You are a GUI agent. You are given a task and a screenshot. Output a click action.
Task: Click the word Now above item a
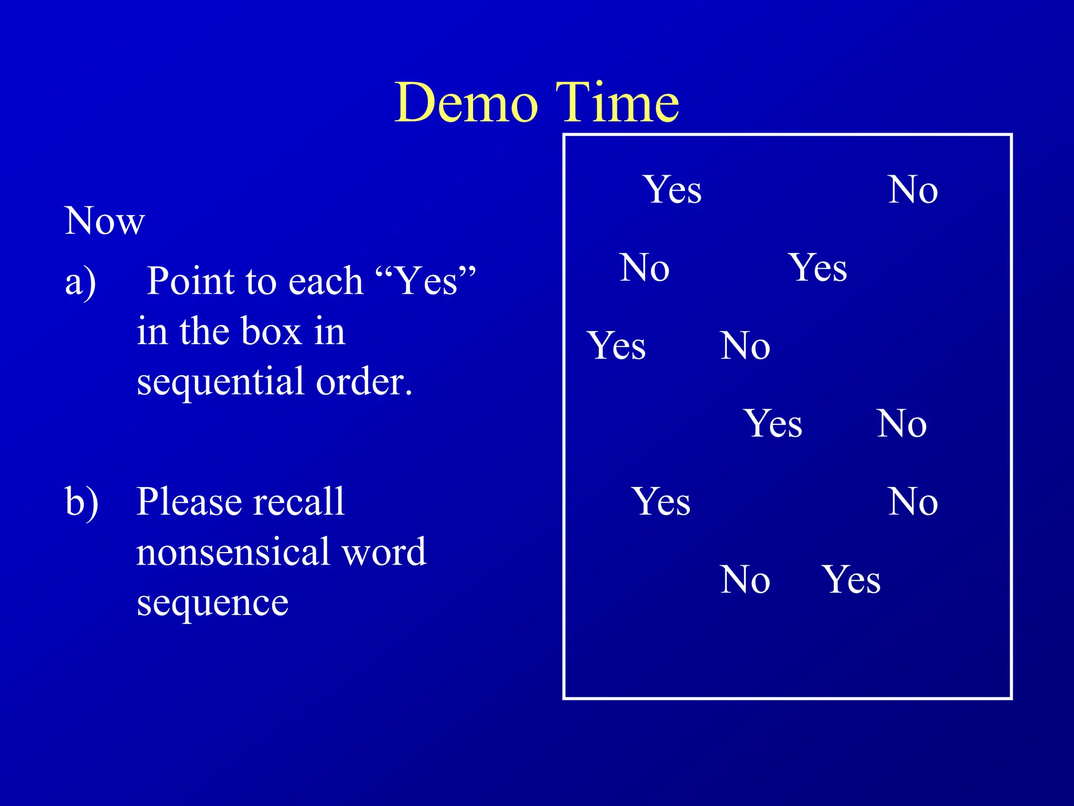(x=104, y=221)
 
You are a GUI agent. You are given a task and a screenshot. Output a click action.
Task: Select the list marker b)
(x=81, y=502)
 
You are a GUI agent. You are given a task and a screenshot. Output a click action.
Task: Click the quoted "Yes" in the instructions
(x=426, y=280)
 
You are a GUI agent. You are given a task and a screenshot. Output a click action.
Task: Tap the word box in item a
(x=271, y=332)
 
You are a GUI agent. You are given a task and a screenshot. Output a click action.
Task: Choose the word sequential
(x=220, y=383)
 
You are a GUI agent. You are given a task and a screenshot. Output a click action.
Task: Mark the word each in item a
(x=326, y=281)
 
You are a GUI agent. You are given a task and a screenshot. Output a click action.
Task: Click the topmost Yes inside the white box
(x=672, y=190)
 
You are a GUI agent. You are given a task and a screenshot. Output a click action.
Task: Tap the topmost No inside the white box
(x=912, y=190)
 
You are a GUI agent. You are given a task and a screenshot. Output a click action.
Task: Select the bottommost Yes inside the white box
(x=851, y=580)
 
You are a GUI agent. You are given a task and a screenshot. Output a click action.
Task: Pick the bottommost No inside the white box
(x=745, y=580)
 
